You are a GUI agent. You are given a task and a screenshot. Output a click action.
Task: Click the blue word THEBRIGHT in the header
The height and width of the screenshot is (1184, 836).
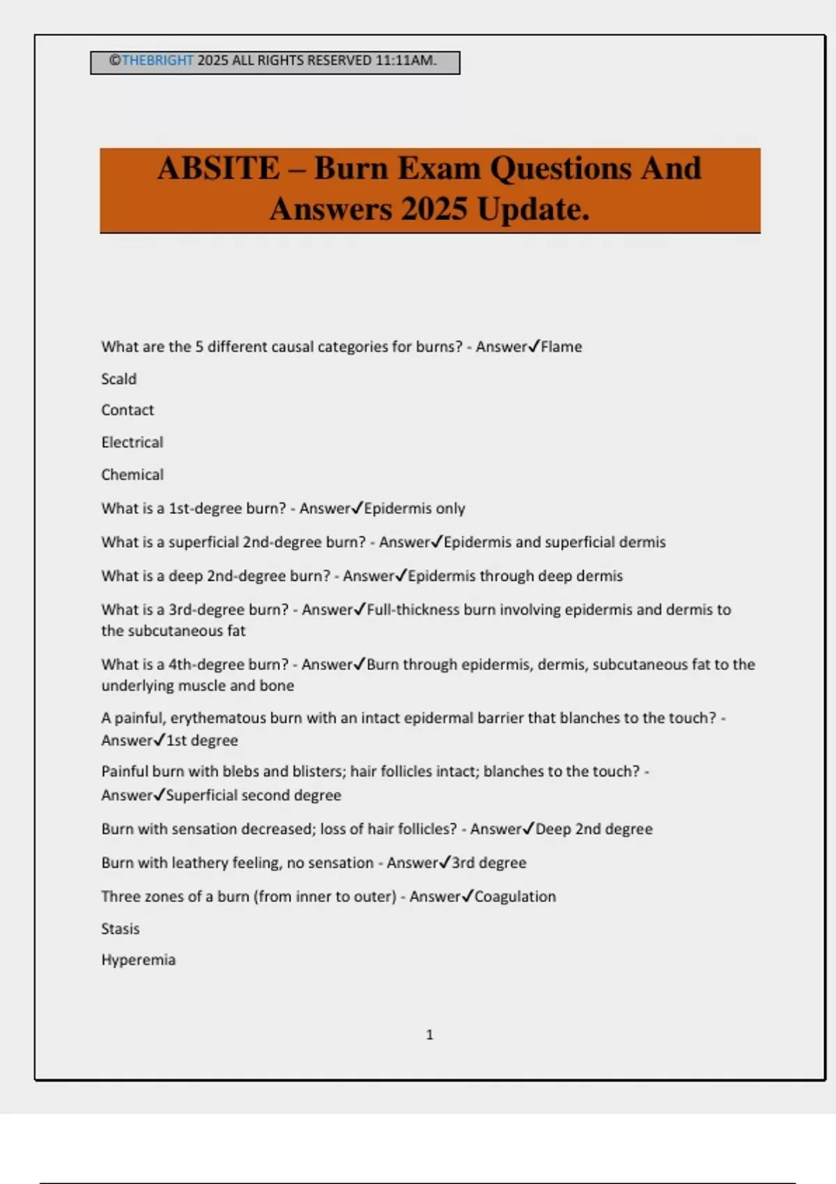pos(157,61)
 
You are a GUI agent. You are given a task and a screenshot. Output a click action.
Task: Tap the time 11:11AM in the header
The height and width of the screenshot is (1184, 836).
pos(405,61)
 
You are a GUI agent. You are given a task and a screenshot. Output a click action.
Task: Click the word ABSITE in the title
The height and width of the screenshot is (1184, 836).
pos(218,169)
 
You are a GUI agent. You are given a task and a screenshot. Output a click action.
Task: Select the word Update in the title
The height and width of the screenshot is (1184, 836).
pos(534,209)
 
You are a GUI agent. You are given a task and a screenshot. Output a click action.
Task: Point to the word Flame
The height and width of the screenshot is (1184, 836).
pos(562,347)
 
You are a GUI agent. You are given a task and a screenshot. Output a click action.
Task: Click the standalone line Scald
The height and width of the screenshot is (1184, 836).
pos(119,379)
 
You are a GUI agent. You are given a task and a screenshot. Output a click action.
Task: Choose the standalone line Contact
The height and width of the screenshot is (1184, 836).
pos(127,410)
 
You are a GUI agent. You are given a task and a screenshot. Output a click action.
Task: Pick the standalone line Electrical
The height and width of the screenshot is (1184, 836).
pos(132,442)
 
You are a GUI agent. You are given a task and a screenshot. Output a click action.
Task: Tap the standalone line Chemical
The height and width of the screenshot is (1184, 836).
pos(132,475)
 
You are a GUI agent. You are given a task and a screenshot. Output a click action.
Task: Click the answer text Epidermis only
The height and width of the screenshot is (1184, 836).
pos(415,508)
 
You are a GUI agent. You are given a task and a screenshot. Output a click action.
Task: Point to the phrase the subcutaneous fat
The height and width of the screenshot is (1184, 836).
pos(173,631)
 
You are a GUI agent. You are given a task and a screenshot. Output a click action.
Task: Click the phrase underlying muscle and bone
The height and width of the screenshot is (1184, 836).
pos(198,686)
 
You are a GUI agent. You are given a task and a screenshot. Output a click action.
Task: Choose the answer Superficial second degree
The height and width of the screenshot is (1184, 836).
pos(254,795)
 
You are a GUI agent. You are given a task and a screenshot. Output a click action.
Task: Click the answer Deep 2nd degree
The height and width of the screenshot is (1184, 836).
pos(594,829)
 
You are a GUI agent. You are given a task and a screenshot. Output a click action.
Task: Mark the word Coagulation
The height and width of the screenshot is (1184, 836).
pos(516,897)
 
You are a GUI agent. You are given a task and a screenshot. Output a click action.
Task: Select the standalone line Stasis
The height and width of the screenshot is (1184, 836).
pos(121,929)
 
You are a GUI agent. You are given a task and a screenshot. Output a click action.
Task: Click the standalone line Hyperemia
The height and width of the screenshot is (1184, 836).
pos(139,960)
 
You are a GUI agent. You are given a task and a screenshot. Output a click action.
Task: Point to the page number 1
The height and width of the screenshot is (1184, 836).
pos(430,1035)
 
